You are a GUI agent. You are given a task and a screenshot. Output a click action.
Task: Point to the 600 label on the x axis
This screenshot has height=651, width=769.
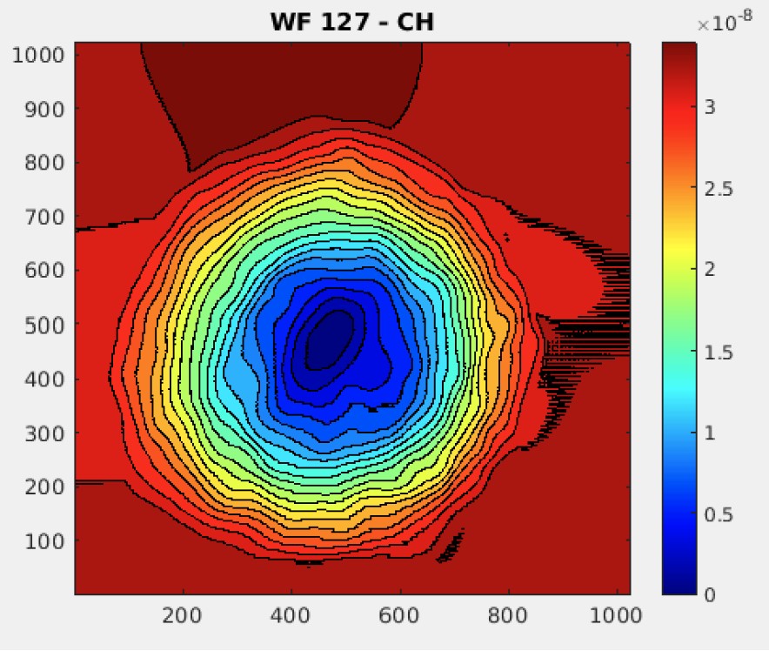point(400,616)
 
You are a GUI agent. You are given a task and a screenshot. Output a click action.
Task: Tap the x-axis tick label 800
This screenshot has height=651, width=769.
point(509,616)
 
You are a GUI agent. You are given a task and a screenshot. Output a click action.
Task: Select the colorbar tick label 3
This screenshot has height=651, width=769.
point(710,107)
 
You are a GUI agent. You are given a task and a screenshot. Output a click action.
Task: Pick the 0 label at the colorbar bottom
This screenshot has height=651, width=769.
point(710,595)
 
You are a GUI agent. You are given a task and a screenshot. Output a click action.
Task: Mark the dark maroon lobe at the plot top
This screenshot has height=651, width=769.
point(278,87)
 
